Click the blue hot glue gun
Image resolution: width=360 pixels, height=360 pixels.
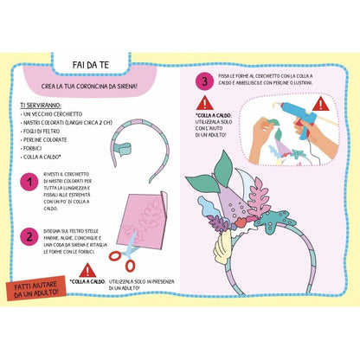(291, 110)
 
